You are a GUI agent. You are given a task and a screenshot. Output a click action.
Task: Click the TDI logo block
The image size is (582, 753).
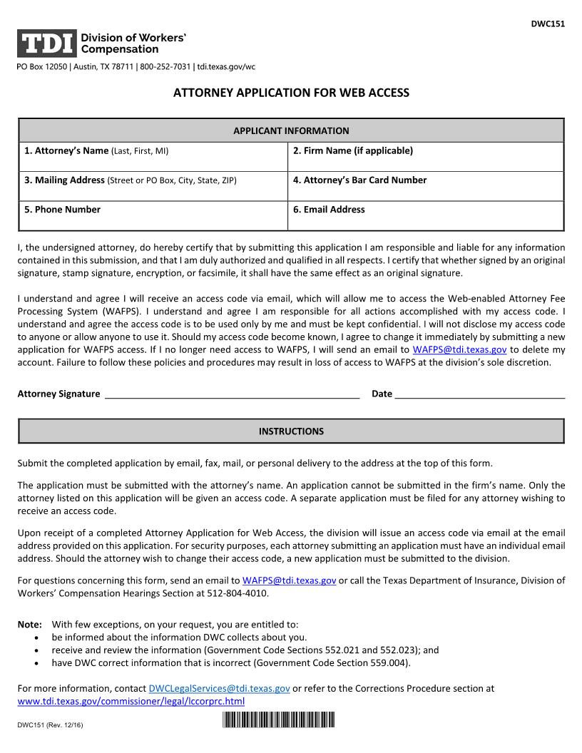coord(46,43)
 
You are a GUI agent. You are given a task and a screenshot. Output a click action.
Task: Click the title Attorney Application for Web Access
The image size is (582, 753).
coord(291,93)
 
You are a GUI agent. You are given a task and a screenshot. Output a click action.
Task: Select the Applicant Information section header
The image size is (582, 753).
coord(291,130)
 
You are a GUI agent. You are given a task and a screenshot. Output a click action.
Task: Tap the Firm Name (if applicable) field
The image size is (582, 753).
coord(425,157)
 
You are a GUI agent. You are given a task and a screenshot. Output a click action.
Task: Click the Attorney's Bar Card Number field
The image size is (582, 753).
coord(425,186)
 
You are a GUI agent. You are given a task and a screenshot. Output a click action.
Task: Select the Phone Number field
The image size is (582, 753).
coord(153,215)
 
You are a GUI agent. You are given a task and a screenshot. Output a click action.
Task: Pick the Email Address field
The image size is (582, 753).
coord(425,215)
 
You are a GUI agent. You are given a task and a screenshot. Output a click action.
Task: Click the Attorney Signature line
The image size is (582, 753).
coord(232,393)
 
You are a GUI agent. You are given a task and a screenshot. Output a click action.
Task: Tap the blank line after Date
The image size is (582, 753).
coord(479,393)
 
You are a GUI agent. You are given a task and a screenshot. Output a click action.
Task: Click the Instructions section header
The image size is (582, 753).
coord(291,431)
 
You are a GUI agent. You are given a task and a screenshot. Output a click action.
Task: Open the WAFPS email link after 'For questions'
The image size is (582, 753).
coord(289,580)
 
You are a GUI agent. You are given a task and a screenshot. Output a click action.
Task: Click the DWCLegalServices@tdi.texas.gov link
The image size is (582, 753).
coord(219,689)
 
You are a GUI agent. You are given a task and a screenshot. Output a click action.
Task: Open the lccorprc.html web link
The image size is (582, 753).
coord(131,701)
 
